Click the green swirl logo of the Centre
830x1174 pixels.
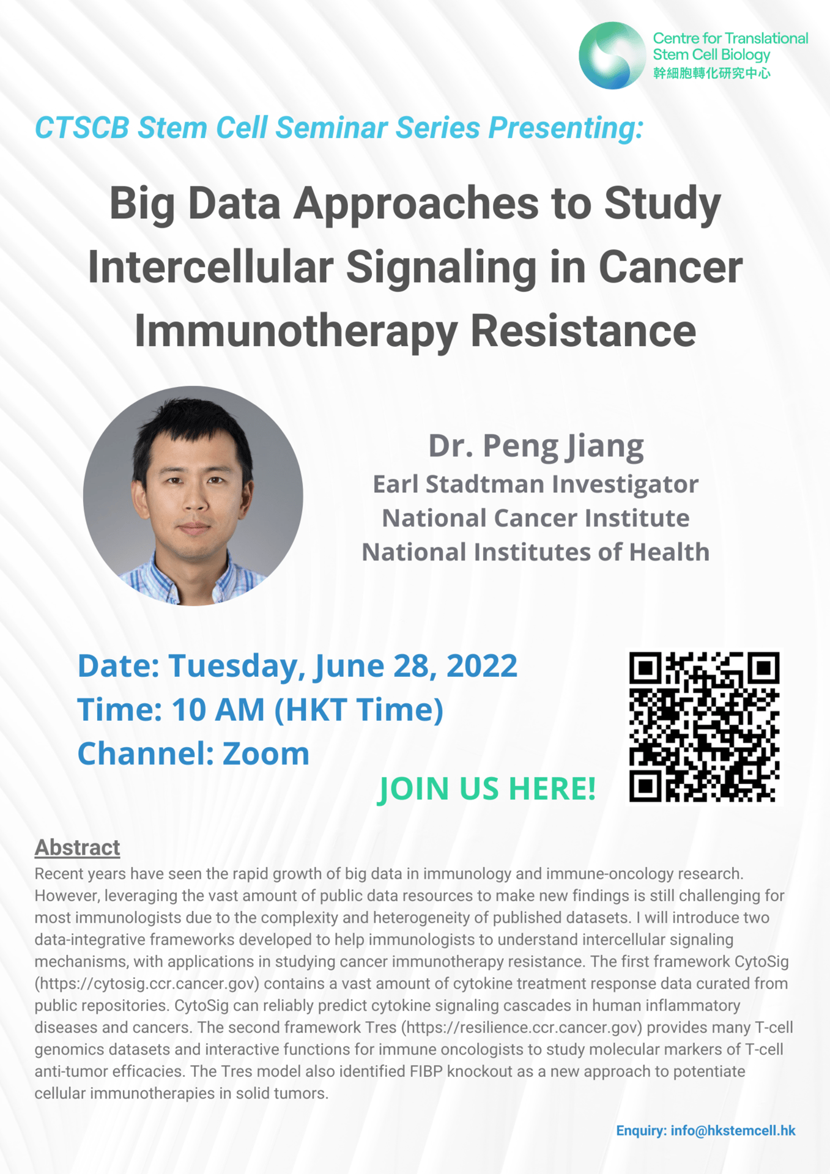[x=612, y=56]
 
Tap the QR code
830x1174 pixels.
[x=704, y=727]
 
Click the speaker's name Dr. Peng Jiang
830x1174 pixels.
[x=536, y=446]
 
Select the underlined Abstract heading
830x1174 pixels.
[x=77, y=847]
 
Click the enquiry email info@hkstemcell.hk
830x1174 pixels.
[x=733, y=1131]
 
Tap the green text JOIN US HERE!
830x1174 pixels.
[x=487, y=788]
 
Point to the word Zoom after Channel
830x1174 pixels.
[x=266, y=753]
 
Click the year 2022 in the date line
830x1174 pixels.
[x=482, y=665]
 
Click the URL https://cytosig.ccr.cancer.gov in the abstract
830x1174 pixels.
[x=147, y=984]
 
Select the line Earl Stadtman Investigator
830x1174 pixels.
[x=536, y=484]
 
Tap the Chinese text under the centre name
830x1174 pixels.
[x=712, y=73]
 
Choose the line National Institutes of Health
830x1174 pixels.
[x=536, y=552]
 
